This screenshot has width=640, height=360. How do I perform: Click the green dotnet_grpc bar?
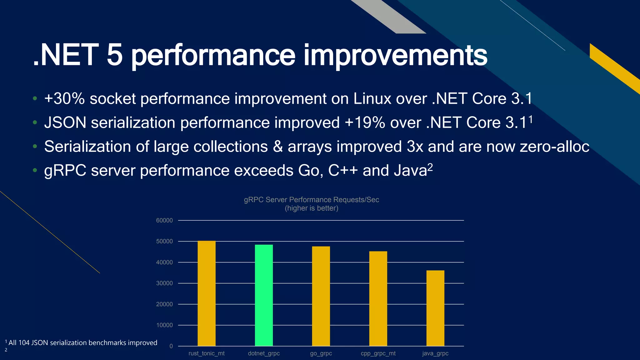264,295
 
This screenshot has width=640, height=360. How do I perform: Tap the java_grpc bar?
435,308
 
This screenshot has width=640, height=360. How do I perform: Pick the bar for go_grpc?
321,296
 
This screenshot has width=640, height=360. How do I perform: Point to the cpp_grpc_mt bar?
378,298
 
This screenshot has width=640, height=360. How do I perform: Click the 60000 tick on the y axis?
164,220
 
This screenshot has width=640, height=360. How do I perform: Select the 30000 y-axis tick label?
164,283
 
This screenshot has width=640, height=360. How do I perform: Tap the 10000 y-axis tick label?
164,325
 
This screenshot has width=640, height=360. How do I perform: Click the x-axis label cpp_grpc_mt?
378,353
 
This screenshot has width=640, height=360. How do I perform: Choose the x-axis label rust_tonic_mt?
207,353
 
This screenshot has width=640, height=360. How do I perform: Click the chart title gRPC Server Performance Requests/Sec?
311,200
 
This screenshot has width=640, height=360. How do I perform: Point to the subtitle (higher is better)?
311,208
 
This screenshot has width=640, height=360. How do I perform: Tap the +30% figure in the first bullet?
64,99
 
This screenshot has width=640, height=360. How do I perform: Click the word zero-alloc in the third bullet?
554,147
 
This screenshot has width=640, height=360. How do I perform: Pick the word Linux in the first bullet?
372,99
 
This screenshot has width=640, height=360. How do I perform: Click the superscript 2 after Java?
430,167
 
